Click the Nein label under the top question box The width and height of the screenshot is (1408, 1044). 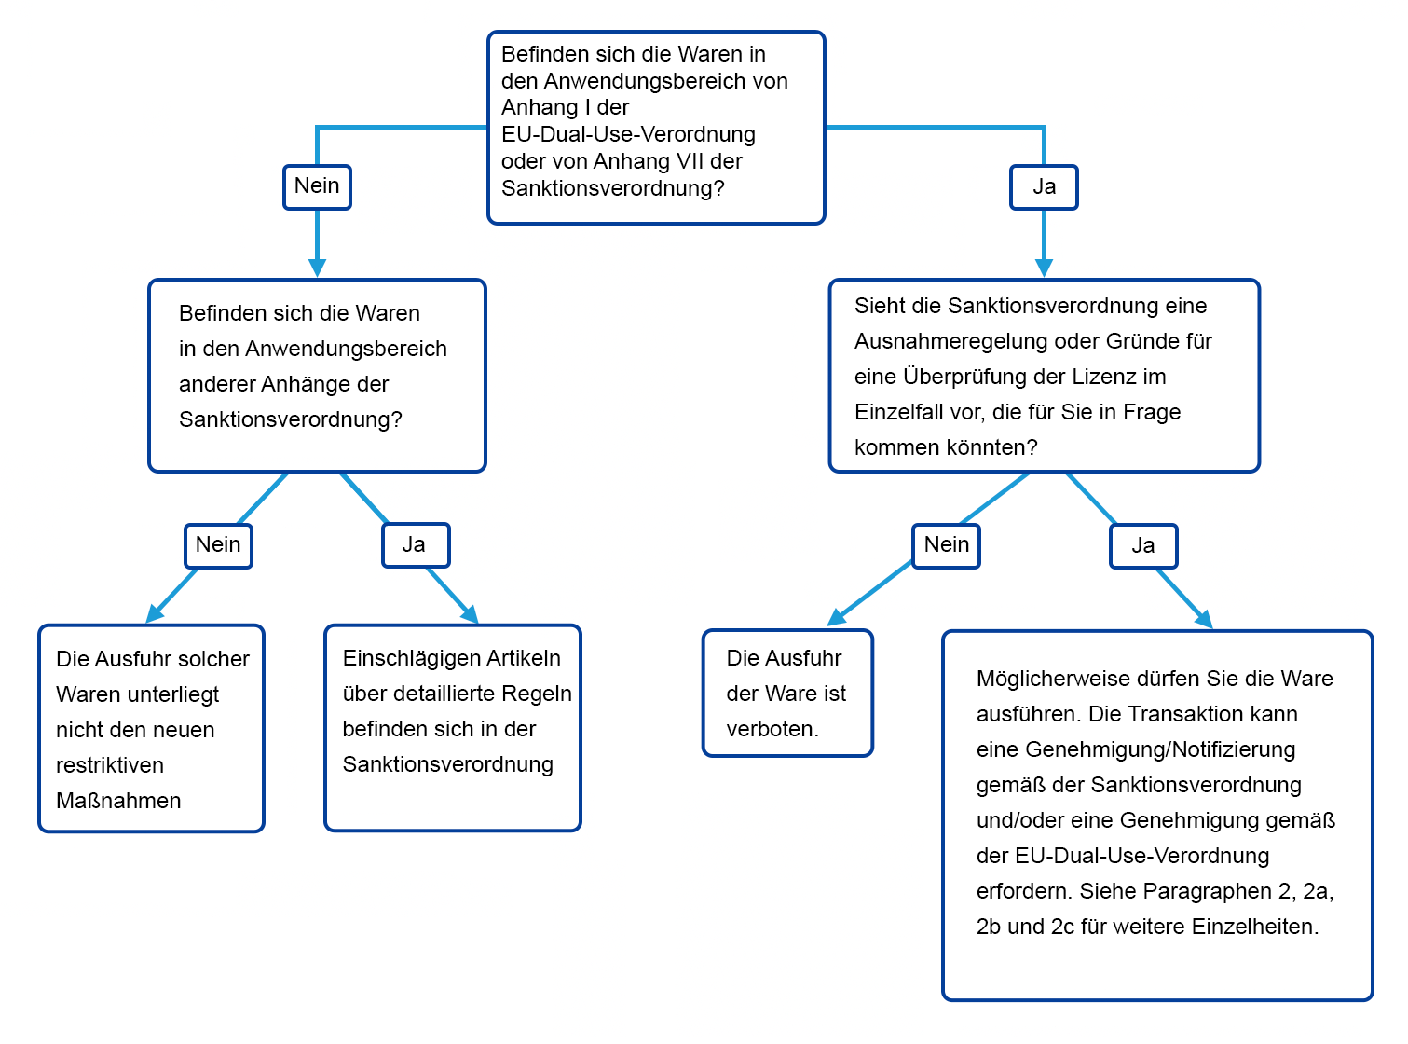pos(317,186)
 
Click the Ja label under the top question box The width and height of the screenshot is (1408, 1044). pos(1043,186)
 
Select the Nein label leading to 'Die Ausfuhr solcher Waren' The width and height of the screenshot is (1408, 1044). pos(218,545)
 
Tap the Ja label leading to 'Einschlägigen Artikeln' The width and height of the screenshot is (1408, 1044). pos(416,545)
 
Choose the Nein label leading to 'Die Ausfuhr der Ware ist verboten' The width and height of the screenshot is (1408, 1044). pos(945,545)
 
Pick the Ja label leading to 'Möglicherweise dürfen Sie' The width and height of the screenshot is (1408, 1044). pos(1142,545)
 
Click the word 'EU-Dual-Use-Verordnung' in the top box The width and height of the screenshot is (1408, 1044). pos(628,134)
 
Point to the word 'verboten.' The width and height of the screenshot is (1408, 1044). pos(772,729)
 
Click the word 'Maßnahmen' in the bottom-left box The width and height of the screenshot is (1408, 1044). pos(118,800)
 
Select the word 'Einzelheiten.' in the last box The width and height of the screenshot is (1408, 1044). pos(1254,927)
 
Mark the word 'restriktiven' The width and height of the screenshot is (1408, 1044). pos(110,765)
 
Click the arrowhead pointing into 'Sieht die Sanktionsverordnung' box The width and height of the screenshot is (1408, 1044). pos(1043,268)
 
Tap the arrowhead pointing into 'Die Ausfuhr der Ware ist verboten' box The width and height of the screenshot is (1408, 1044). pos(837,616)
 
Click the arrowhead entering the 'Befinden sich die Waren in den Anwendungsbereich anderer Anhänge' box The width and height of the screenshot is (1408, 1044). pos(317,268)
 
